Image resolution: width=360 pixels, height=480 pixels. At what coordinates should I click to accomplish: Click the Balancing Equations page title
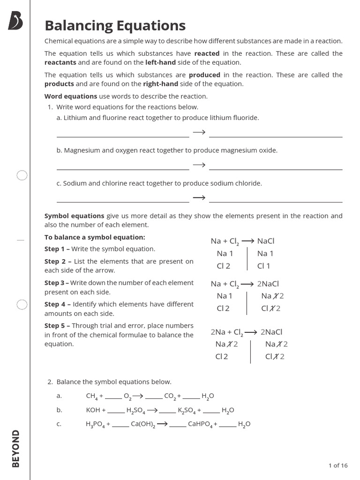point(115,25)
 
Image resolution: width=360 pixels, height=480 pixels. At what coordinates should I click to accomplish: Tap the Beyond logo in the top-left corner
point(15,22)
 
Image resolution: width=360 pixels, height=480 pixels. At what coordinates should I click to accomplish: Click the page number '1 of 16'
point(338,465)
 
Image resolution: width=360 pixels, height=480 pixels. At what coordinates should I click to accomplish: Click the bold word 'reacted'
point(207,53)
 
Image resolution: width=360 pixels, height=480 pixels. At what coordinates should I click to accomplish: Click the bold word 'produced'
point(204,75)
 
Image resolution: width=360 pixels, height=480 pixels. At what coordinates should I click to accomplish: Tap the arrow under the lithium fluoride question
point(199,132)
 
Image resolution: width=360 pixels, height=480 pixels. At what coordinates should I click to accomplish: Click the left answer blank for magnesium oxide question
point(122,169)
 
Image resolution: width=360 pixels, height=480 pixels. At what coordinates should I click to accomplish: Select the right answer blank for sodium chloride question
point(276,202)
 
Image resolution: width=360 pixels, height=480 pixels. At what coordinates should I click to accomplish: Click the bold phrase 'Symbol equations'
point(74,216)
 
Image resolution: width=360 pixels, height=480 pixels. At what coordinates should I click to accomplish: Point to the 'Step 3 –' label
point(57,283)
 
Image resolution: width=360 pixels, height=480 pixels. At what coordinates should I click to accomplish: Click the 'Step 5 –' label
point(57,326)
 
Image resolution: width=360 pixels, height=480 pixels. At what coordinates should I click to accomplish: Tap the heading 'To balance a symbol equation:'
point(95,237)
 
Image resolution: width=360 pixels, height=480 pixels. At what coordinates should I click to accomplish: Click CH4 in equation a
point(91,396)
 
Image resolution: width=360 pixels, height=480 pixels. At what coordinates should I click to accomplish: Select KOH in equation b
point(93,410)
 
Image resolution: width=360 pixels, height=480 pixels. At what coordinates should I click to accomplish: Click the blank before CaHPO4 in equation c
point(178,425)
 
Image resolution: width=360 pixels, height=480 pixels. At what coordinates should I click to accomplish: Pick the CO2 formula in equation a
point(170,396)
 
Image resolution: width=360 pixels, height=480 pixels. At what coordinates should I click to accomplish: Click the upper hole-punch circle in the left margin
point(22,175)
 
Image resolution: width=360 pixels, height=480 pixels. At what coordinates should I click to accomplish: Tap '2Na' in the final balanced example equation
point(218,332)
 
